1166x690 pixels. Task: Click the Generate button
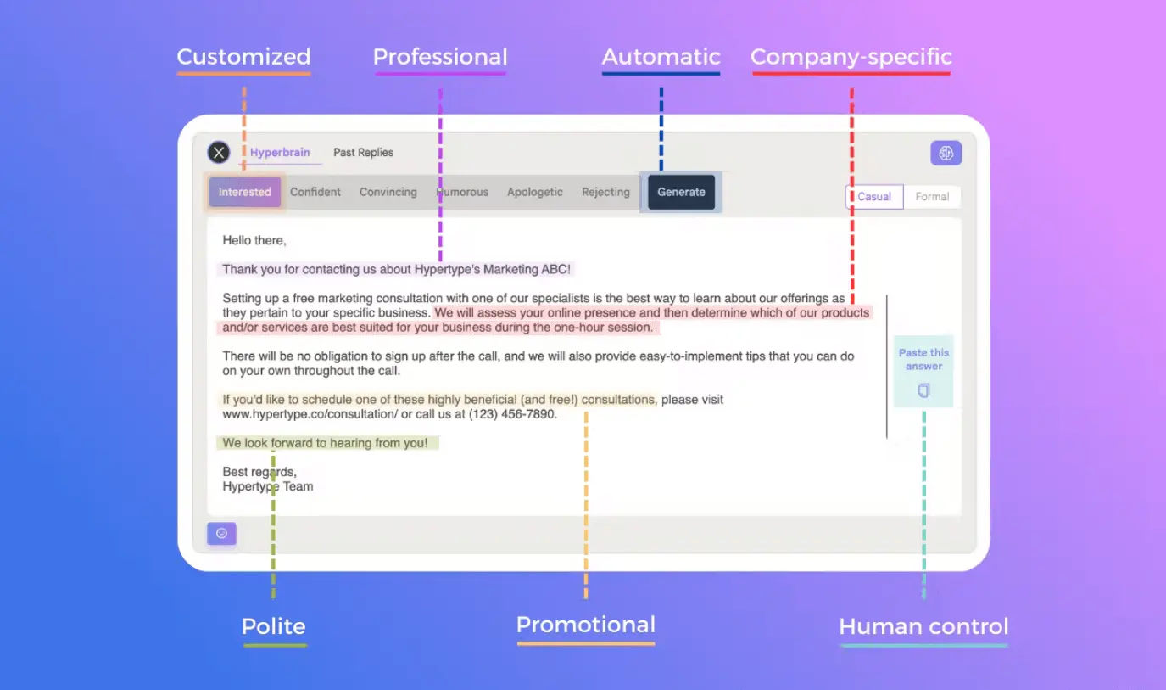[681, 192]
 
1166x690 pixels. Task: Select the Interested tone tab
[244, 192]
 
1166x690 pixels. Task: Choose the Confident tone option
[315, 192]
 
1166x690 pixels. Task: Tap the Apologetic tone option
[534, 192]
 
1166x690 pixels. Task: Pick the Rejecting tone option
[605, 192]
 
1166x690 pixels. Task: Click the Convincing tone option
[388, 192]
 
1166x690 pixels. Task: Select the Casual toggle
[874, 196]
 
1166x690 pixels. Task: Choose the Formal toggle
[932, 196]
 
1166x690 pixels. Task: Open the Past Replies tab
[363, 153]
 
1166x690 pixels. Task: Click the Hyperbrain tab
[280, 153]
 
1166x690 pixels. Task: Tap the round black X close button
[219, 153]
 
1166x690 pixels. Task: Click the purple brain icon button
[946, 153]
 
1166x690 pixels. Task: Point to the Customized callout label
[243, 57]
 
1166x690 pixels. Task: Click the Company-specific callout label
[851, 57]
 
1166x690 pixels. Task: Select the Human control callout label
[923, 626]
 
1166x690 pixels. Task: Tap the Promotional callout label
[586, 625]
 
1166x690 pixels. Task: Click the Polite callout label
[273, 626]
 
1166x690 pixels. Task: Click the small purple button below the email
[221, 533]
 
